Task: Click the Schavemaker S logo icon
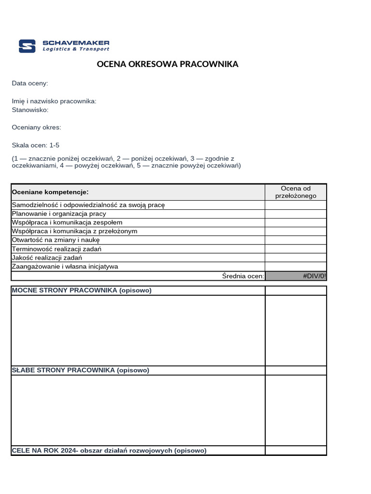(x=27, y=46)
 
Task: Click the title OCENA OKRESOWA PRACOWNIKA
(x=168, y=64)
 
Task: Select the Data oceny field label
(x=30, y=83)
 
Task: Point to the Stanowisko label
(x=30, y=110)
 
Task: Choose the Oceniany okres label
(x=37, y=128)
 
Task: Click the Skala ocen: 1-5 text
(x=36, y=145)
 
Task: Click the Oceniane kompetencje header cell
(x=50, y=192)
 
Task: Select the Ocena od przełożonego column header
(x=296, y=192)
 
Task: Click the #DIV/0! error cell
(x=296, y=276)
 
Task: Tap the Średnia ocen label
(x=243, y=276)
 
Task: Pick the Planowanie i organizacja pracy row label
(x=59, y=214)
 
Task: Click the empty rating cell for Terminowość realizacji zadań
(x=296, y=249)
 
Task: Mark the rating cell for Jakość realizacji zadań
(x=296, y=258)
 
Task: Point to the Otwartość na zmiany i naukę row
(x=56, y=240)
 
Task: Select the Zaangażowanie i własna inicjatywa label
(x=65, y=267)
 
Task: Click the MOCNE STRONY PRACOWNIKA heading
(x=82, y=290)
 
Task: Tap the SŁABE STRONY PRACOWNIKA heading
(x=80, y=370)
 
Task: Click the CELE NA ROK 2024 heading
(x=109, y=451)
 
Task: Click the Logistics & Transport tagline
(x=76, y=49)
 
